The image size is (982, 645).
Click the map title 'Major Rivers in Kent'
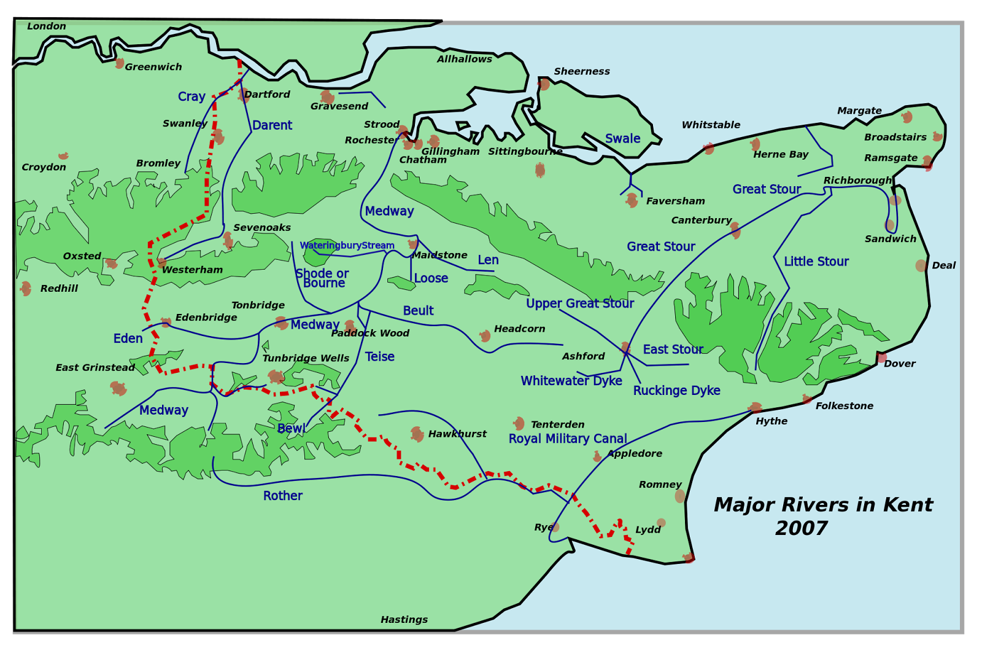822,505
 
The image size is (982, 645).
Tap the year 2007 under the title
801,528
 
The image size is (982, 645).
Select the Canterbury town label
701,221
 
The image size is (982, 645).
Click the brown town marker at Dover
881,358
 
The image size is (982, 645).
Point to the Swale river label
622,139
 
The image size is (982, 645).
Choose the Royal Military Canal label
568,439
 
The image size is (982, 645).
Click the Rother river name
282,496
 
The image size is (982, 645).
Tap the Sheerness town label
581,72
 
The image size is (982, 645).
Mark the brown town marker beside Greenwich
119,63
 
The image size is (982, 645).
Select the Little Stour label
816,262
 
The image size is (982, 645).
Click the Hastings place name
404,620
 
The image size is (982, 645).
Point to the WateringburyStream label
347,246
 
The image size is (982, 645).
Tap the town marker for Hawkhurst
417,434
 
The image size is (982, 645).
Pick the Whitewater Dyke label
571,381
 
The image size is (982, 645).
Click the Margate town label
859,111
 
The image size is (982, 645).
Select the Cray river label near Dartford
191,97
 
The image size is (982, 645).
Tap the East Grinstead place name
95,368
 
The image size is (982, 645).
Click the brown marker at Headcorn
485,336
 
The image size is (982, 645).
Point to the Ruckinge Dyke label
676,391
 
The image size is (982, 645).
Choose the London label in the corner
47,26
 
